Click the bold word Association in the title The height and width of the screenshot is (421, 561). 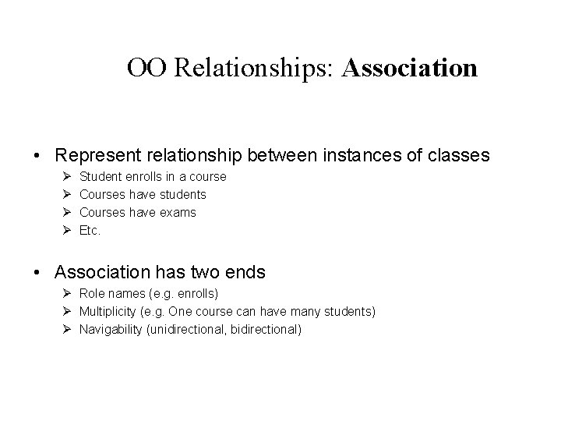tap(409, 69)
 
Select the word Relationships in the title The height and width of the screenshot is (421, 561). tap(254, 69)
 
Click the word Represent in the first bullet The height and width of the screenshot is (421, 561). tap(97, 155)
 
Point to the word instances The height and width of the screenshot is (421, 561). tap(353, 155)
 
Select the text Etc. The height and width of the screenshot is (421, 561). tap(91, 230)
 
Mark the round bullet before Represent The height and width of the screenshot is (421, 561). tap(39, 156)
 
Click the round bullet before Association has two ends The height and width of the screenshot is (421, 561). tap(39, 273)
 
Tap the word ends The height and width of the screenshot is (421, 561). tap(244, 272)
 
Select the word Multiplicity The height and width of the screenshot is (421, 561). tap(108, 312)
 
